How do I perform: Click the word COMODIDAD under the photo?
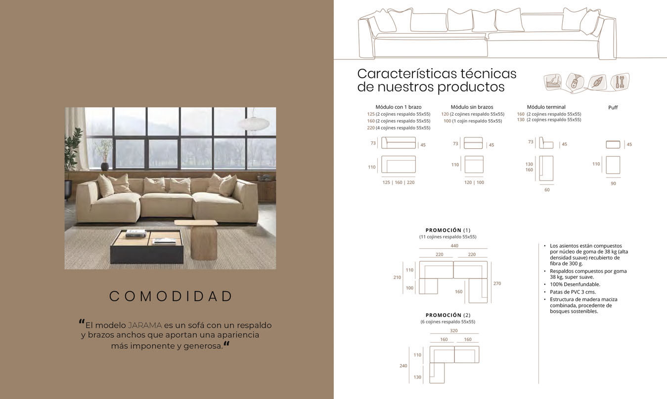(171, 296)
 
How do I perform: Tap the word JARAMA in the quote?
(145, 325)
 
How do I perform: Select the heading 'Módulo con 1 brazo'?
(399, 107)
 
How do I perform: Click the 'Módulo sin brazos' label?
(472, 107)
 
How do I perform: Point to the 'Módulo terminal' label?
(546, 107)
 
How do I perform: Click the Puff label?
(613, 107)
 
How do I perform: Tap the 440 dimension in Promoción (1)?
(454, 246)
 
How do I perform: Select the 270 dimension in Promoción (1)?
(497, 284)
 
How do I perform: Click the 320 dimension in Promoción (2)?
(453, 331)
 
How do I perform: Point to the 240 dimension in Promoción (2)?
(403, 366)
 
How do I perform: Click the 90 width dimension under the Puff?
(613, 183)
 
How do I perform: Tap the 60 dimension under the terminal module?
(547, 190)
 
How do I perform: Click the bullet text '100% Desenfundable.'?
(575, 284)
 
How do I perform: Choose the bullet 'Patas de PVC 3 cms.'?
(573, 292)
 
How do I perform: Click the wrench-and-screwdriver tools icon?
(620, 82)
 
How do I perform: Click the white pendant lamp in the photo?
(253, 123)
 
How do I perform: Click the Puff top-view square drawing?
(613, 165)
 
